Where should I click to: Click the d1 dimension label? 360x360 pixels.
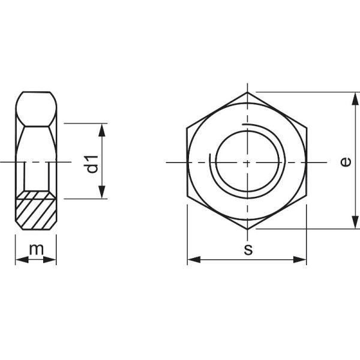coord(92,163)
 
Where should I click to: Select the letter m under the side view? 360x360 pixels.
coord(36,248)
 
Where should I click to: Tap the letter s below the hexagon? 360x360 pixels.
coord(247,250)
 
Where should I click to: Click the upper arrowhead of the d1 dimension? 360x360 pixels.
coord(103,129)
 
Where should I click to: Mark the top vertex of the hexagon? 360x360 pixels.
coord(247,92)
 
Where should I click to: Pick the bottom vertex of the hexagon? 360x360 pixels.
coord(247,229)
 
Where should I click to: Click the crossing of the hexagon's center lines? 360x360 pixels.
coord(247,163)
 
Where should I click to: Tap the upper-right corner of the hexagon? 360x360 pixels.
coord(307,127)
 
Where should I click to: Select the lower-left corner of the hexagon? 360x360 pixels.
coord(187,196)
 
